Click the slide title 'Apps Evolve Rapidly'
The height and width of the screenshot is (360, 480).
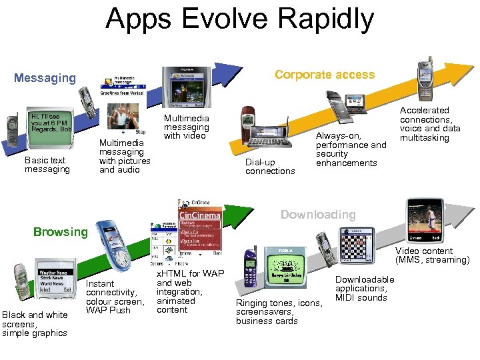[x=240, y=20]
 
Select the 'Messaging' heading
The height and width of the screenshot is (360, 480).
[x=45, y=78]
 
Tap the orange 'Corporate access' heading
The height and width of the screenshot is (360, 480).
[x=325, y=75]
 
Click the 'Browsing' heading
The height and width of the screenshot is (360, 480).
[x=61, y=232]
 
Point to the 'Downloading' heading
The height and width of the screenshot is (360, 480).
[x=318, y=215]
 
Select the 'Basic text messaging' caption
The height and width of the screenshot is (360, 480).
[x=47, y=165]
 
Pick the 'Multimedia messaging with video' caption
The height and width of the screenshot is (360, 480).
[x=187, y=127]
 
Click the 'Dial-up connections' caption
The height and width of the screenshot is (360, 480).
[x=270, y=167]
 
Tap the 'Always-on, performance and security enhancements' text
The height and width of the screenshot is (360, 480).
[x=351, y=149]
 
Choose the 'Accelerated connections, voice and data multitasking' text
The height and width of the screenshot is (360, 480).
[x=430, y=124]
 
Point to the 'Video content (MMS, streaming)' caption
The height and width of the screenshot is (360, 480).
[x=433, y=255]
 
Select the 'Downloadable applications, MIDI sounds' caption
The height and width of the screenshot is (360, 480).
[x=365, y=289]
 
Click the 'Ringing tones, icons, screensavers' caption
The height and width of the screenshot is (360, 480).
[x=279, y=312]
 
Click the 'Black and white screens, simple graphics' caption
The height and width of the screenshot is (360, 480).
[x=35, y=324]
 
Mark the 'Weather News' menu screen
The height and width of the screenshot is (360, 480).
[x=53, y=281]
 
